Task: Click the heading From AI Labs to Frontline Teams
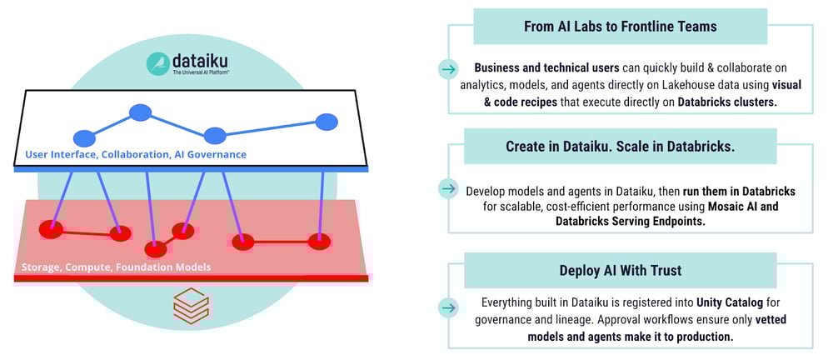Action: click(621, 26)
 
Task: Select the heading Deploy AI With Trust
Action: click(620, 271)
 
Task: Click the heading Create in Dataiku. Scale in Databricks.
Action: click(621, 147)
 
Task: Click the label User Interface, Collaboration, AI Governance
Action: click(136, 154)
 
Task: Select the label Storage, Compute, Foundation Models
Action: click(116, 267)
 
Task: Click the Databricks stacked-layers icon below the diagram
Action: click(191, 305)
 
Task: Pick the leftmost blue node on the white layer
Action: click(85, 138)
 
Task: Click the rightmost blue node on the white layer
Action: click(327, 122)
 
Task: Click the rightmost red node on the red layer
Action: click(319, 242)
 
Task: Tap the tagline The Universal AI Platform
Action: click(201, 74)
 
